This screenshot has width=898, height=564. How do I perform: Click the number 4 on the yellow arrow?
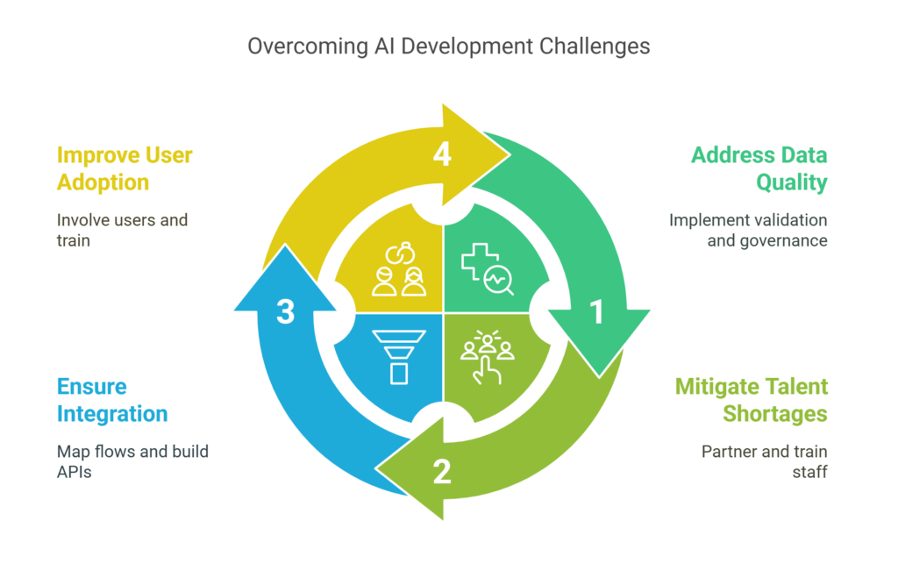(442, 154)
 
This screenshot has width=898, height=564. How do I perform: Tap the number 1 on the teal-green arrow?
(597, 312)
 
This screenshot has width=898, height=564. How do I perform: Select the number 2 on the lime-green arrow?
(442, 473)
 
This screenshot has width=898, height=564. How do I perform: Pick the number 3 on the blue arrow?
(285, 312)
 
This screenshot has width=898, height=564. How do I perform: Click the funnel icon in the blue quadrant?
(399, 356)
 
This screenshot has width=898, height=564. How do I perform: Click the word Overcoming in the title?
(296, 46)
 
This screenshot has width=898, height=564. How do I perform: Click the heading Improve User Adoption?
(125, 168)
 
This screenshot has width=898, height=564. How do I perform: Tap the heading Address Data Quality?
(759, 168)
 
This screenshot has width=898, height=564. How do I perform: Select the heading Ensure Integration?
(112, 399)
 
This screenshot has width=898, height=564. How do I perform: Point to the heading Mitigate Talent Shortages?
(752, 399)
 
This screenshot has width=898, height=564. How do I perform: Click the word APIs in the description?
(76, 473)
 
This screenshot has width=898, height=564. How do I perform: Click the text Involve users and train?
(122, 230)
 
